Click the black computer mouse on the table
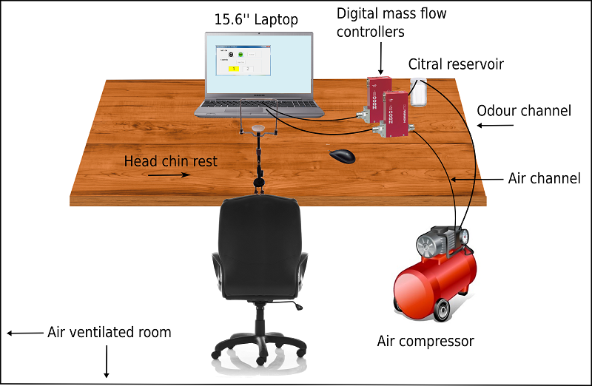341,156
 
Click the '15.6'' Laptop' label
256,19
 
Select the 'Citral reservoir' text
456,64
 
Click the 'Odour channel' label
524,111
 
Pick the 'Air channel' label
544,178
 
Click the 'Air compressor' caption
425,341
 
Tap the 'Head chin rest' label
171,160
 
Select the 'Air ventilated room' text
110,332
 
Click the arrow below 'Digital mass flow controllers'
380,58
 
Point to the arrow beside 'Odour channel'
495,125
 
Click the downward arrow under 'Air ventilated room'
107,362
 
